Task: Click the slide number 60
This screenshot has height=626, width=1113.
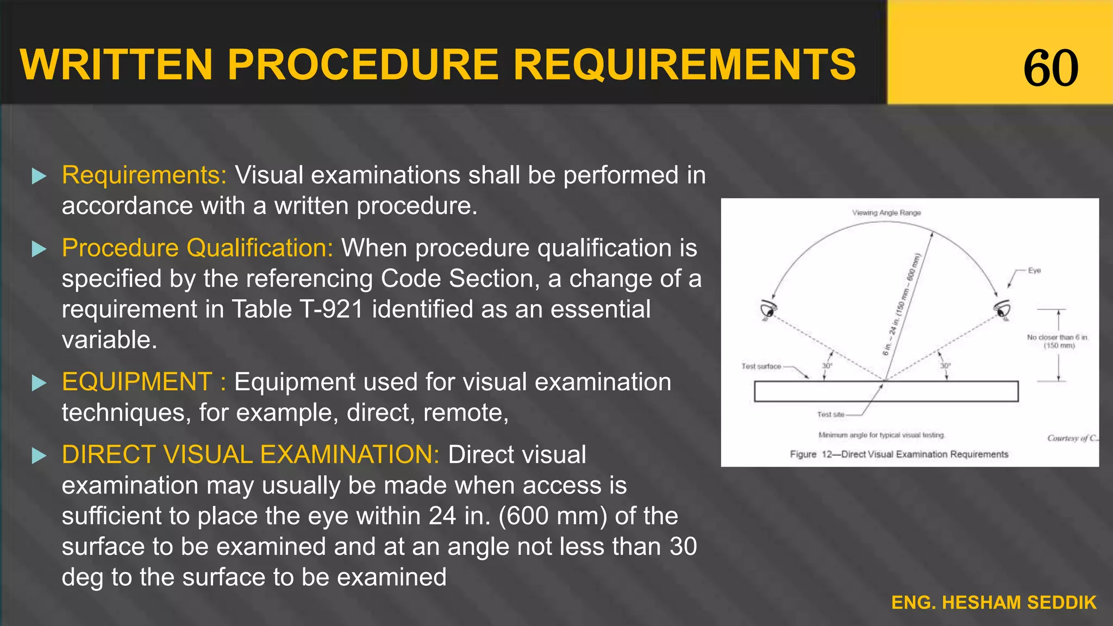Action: tap(1051, 67)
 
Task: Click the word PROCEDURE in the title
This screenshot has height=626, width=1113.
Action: tap(363, 65)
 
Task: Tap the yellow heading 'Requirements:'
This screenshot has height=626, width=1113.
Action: tap(144, 175)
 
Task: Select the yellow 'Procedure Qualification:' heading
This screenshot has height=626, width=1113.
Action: tap(197, 248)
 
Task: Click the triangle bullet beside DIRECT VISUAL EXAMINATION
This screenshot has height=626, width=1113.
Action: tap(39, 455)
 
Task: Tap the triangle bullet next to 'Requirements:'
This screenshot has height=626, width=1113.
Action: tap(39, 176)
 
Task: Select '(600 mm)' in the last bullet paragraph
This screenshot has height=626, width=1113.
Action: tap(552, 516)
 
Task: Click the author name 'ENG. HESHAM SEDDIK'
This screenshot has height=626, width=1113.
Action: tap(993, 603)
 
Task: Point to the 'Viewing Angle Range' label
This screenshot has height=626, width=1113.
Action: tap(886, 213)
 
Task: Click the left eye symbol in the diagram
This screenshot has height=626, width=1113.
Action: tap(768, 310)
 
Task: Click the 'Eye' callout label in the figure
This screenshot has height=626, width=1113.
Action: tap(1034, 271)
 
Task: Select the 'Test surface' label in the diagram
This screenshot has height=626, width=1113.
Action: tap(761, 366)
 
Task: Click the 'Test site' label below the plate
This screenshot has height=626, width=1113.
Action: tap(830, 415)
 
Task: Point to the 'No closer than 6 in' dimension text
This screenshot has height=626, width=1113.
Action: tap(1057, 337)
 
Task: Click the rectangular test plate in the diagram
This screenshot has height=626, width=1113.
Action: tap(886, 391)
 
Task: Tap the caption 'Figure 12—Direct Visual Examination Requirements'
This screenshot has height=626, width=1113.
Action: tap(899, 454)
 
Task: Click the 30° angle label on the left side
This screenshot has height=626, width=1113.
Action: tap(827, 366)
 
